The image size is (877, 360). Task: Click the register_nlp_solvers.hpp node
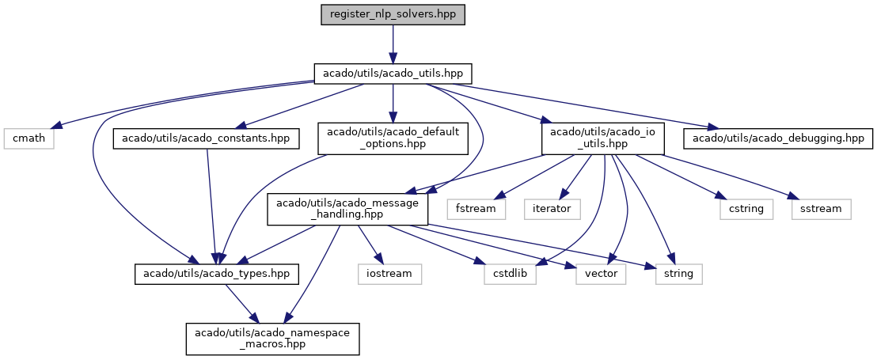393,15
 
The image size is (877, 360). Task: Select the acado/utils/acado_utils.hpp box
393,74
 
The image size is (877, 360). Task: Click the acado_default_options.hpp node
393,138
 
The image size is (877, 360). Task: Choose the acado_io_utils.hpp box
602,138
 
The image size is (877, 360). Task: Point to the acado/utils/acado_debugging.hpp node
777,138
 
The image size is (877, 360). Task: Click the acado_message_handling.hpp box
347,210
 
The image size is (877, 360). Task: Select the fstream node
476,210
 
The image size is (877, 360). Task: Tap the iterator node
552,210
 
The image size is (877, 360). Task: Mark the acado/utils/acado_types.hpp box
216,274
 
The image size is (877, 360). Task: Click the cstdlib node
510,274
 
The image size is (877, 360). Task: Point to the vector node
601,274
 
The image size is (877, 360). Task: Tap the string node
678,274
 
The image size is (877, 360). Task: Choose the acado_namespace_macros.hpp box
271,339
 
